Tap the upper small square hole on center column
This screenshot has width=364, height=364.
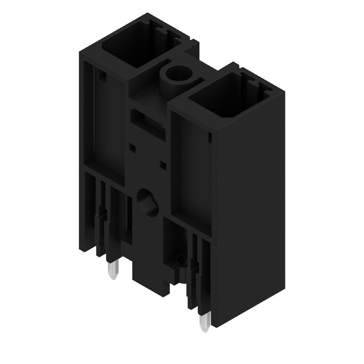click(132, 147)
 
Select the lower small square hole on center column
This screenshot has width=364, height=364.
click(162, 164)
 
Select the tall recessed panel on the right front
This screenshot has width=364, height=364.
click(191, 173)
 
